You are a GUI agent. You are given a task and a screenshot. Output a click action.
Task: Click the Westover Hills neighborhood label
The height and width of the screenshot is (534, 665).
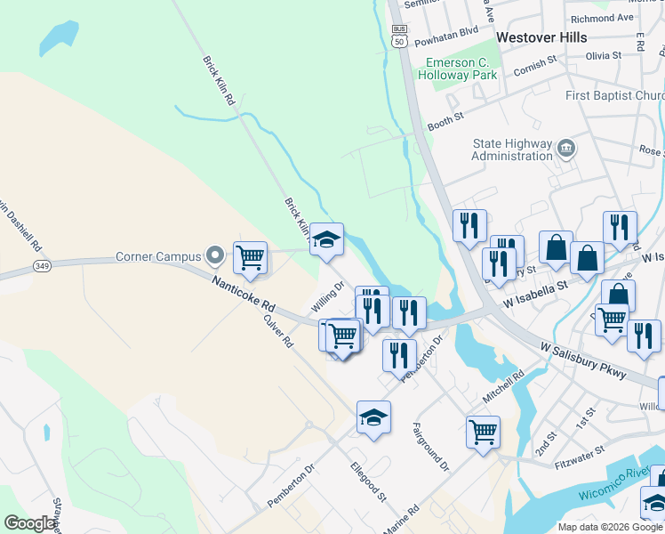click(x=541, y=37)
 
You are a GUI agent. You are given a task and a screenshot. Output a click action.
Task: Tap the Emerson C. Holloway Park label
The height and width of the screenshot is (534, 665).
click(x=461, y=69)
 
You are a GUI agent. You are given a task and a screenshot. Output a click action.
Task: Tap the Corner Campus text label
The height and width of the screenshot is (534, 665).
click(x=159, y=257)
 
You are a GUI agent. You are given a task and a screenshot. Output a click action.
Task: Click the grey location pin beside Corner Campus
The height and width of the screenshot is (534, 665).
click(x=214, y=256)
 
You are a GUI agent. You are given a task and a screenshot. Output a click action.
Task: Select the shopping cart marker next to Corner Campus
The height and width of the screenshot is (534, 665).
click(x=251, y=257)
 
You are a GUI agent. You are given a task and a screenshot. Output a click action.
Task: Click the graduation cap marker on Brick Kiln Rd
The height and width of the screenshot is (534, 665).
click(x=327, y=239)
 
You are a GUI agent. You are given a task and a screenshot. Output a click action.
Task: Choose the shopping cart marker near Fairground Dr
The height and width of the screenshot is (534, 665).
click(x=483, y=433)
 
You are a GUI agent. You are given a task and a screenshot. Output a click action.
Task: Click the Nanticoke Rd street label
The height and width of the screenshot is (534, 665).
click(x=243, y=293)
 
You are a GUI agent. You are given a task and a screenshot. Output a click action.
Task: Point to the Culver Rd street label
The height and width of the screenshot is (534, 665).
click(x=278, y=328)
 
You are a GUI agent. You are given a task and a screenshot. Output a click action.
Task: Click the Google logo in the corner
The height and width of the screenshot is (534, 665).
click(x=29, y=523)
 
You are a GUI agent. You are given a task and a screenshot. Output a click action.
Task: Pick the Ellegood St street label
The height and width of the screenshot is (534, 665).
click(x=367, y=481)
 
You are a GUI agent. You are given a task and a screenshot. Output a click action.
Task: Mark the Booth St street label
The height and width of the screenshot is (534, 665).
click(x=446, y=117)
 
